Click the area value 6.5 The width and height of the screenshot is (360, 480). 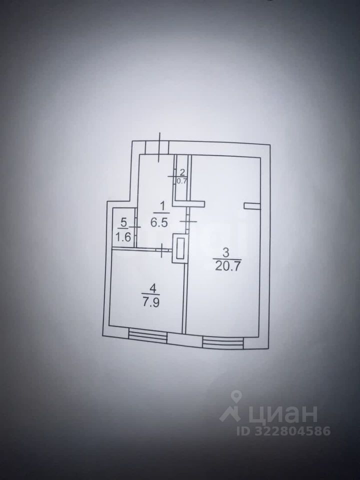point(158,222)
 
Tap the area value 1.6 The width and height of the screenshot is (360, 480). point(123,237)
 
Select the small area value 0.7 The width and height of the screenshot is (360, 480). point(181,181)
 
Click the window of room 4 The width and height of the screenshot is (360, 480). point(147,335)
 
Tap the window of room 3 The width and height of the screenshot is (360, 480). point(223,342)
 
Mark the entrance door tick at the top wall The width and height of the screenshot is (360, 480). point(159,147)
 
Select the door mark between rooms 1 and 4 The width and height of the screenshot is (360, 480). point(163,249)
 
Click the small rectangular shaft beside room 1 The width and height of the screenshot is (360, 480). point(180,248)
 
